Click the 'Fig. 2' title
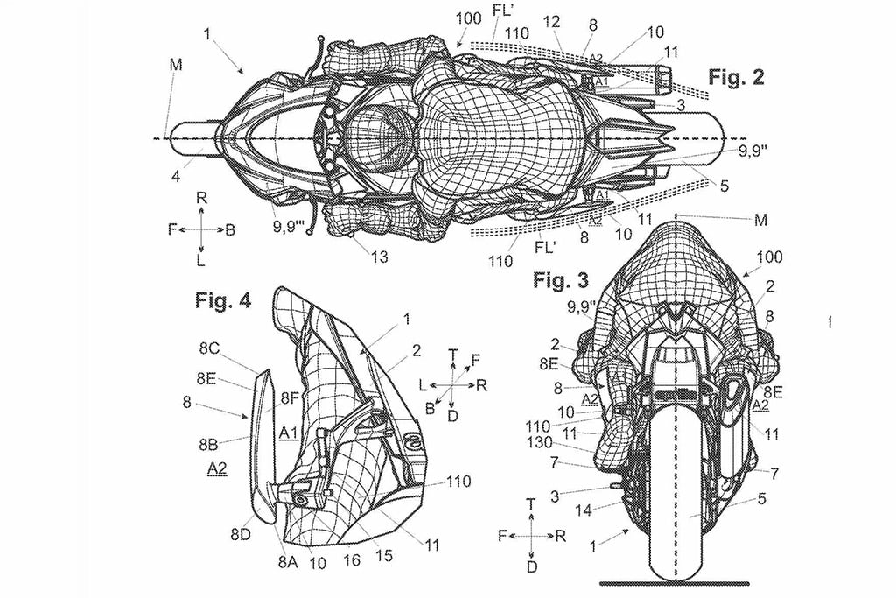coord(736,78)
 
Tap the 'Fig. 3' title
coord(560,281)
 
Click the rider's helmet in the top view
coord(378,137)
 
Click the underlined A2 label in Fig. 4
coord(218,470)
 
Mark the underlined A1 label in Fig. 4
coord(290,433)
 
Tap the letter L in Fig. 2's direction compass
coord(201,261)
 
